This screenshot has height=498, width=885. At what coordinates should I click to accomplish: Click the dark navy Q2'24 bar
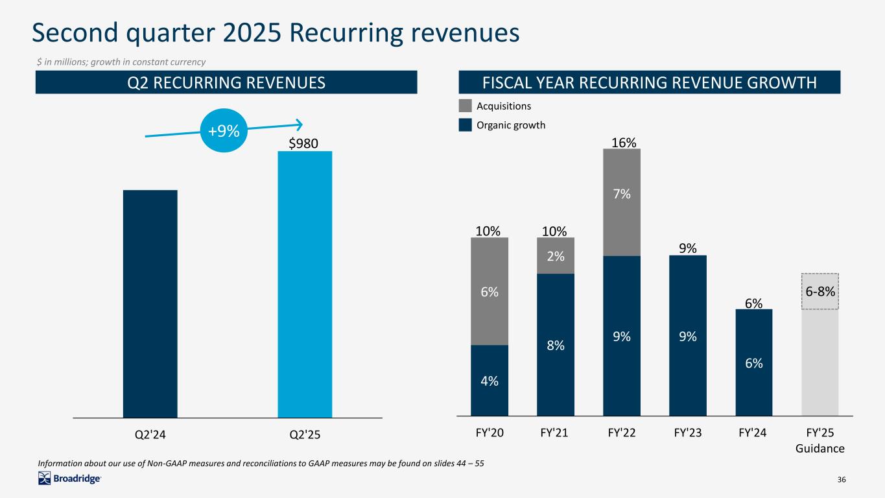150,303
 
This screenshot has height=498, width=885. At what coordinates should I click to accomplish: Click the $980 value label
303,143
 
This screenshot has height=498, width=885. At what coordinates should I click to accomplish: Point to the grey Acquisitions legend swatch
465,106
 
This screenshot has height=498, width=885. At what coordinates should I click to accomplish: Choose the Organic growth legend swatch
465,125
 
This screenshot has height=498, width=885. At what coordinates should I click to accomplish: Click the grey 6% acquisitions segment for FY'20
490,291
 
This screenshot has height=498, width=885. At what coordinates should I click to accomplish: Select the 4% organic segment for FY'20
490,380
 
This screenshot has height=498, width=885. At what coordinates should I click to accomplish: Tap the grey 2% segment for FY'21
556,256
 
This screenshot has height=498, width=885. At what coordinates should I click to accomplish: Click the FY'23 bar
688,335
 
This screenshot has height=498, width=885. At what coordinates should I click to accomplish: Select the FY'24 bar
754,362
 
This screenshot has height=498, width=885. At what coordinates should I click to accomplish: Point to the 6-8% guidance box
820,291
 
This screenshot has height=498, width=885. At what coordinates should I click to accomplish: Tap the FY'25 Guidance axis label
820,441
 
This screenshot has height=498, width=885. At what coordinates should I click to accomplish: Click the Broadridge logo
69,479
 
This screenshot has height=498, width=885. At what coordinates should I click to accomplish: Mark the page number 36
842,479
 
